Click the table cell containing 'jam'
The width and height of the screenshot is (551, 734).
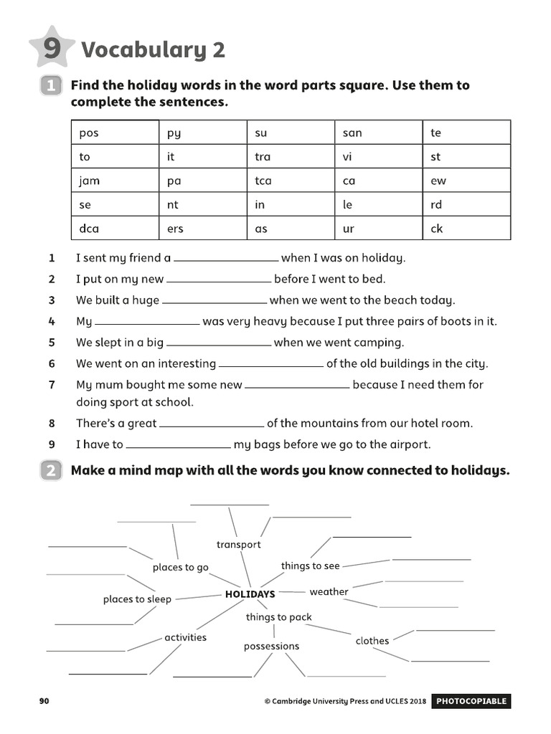(115, 181)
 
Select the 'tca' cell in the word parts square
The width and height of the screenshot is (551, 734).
(290, 181)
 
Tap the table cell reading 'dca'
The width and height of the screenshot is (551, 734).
(115, 229)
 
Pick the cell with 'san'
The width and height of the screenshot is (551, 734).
(378, 133)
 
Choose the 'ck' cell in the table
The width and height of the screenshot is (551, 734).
(466, 229)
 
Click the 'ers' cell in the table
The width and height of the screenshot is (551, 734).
(202, 229)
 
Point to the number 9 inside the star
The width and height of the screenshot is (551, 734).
(51, 49)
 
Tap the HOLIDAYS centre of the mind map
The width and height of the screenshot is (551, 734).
(250, 594)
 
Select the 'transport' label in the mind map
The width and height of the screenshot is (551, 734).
(238, 545)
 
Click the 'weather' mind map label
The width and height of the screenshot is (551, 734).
(329, 592)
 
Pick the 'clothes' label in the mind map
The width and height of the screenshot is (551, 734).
(372, 641)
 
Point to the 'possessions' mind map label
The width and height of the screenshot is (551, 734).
(271, 647)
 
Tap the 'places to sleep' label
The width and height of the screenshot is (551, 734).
(137, 599)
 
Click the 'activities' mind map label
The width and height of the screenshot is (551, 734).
(185, 637)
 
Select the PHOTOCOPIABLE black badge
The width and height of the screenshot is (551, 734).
(471, 701)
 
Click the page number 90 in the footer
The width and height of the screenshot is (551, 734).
(44, 701)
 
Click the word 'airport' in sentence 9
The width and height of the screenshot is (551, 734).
(408, 444)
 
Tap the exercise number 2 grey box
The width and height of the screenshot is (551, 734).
(51, 471)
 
